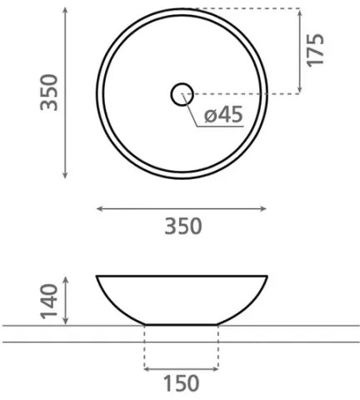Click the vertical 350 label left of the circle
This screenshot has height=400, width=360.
point(52,93)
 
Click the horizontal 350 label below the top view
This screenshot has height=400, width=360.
point(182,226)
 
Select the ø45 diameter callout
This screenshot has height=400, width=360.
point(222,115)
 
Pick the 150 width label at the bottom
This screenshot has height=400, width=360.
point(182,384)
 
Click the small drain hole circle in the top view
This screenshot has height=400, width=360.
point(182,94)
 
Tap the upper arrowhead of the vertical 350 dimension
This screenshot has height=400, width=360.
point(65,12)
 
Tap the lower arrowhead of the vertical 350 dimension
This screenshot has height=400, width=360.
point(65,176)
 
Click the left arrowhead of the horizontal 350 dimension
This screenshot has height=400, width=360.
point(99,207)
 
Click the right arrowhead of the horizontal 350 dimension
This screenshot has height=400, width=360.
point(266,207)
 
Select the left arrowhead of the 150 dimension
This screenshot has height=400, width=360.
point(147,367)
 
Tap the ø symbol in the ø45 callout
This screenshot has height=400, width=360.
point(207,116)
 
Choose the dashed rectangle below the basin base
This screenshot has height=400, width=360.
point(182,347)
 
